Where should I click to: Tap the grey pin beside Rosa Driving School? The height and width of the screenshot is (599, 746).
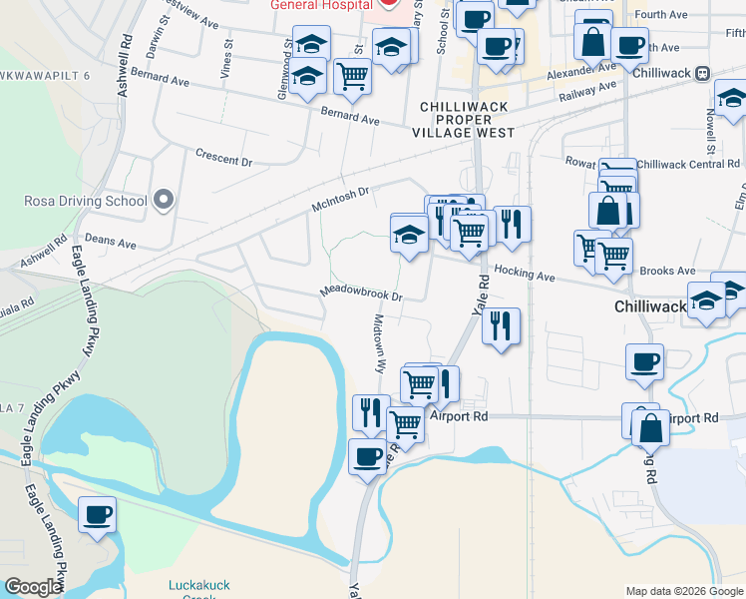coord(163,200)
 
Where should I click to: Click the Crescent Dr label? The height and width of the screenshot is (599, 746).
coord(224,160)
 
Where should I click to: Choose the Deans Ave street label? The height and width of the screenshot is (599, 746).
coord(110,242)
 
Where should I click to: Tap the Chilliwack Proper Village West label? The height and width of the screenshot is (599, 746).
coord(467,119)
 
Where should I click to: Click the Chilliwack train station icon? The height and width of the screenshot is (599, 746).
coord(703,72)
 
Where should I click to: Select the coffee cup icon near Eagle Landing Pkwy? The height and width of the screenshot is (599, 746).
coord(97,515)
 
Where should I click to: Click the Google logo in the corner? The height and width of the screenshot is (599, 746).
coord(33,587)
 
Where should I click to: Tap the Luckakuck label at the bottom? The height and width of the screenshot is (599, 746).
coord(199,584)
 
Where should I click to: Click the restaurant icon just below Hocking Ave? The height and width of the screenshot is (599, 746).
coord(501,325)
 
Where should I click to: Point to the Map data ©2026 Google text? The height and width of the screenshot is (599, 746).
coord(683,591)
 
